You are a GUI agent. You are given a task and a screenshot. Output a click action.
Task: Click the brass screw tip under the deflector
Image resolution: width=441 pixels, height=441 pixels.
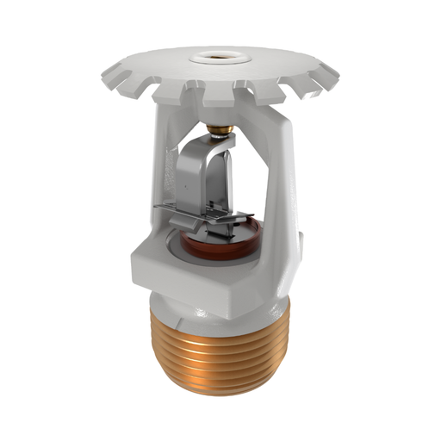[221, 130]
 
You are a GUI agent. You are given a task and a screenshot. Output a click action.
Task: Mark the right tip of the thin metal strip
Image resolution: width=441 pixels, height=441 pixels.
[259, 222]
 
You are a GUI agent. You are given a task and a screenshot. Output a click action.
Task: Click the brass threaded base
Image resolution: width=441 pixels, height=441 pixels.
[220, 353]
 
